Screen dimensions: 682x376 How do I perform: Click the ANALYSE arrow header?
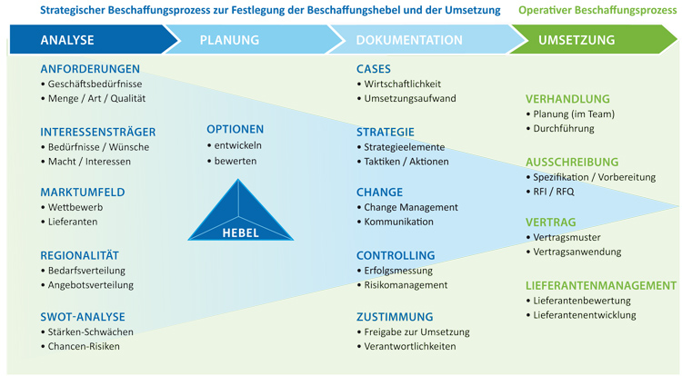click(x=87, y=40)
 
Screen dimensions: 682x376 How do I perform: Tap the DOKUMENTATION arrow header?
click(x=426, y=40)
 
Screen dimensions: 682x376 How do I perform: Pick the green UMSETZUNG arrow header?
click(x=592, y=40)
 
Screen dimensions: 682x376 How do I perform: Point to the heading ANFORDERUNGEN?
click(x=90, y=69)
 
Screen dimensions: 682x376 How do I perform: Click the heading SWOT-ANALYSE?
click(x=83, y=317)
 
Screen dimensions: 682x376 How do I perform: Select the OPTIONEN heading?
click(x=236, y=129)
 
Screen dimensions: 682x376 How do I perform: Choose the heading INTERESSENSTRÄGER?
click(x=98, y=132)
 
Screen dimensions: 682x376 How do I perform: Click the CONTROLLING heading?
click(x=396, y=256)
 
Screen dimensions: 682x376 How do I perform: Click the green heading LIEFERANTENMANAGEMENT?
click(x=601, y=286)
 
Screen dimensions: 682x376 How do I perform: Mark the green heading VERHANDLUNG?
click(x=567, y=99)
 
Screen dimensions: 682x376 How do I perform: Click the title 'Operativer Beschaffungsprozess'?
click(x=597, y=10)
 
